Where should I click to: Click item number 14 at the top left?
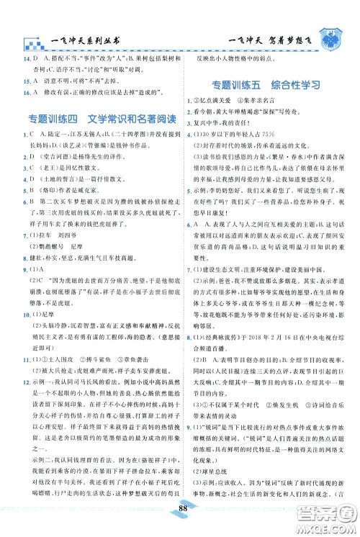tap(26, 57)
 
